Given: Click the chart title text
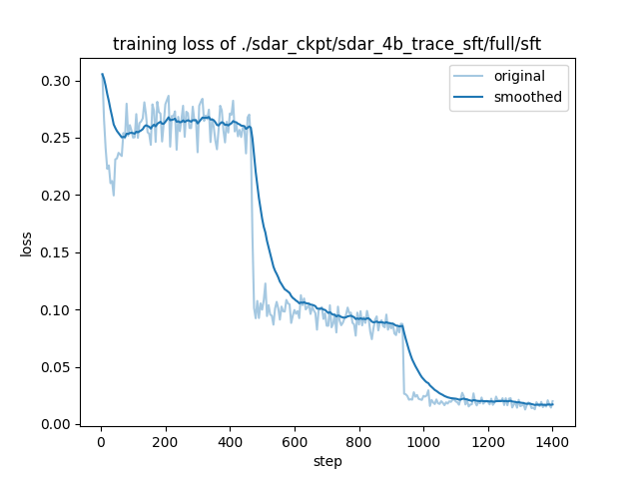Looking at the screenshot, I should pos(326,44).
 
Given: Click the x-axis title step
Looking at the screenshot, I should pos(327,461).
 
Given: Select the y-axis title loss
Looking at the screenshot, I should pos(26,242).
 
